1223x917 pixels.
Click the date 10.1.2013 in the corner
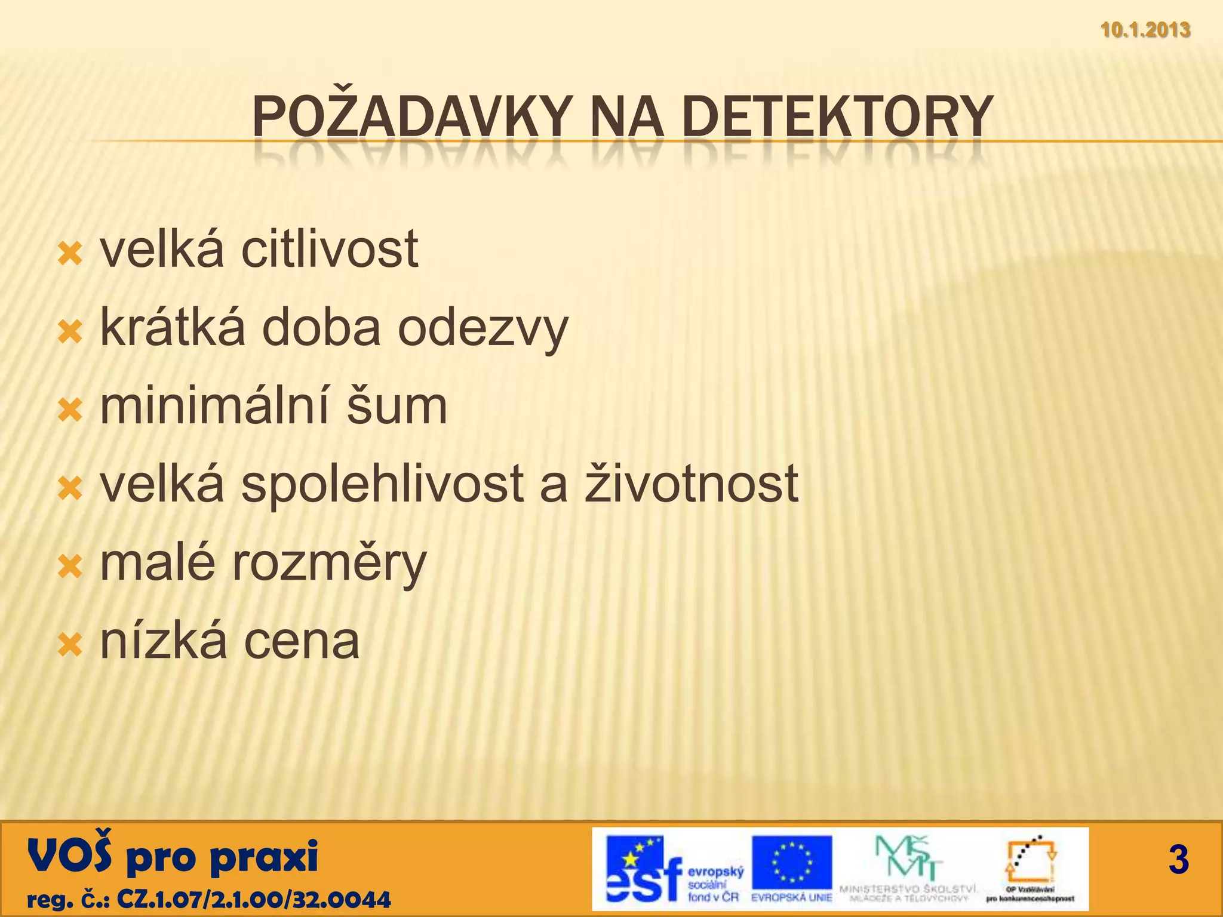tap(1145, 30)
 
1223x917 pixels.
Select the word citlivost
tap(330, 250)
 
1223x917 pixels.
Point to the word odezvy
tap(483, 329)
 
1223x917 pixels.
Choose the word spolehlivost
tap(382, 485)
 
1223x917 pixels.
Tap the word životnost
tap(691, 484)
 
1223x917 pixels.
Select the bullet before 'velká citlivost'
tap(70, 254)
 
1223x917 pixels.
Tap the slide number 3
tap(1178, 860)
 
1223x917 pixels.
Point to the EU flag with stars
tap(792, 862)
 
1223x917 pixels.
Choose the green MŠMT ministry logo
tap(908, 860)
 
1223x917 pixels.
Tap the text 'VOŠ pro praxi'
tap(173, 856)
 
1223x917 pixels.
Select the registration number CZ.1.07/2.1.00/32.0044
tap(254, 899)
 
